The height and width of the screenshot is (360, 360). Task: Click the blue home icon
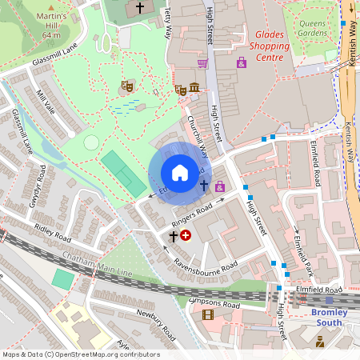coord(180,172)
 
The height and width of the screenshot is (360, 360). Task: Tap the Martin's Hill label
coord(52,21)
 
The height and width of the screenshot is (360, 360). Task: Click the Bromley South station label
coord(329,317)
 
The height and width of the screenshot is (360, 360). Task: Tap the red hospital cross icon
coord(186,235)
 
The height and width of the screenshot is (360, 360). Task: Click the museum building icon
coord(194,87)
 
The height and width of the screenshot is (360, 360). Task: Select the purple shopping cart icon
coord(202,63)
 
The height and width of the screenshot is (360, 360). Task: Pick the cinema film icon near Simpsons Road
coord(208,314)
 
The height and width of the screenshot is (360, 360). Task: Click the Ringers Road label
coord(192,213)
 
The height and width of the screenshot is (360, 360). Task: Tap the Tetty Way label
coord(167,22)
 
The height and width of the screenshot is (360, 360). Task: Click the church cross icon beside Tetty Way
coord(140,8)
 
